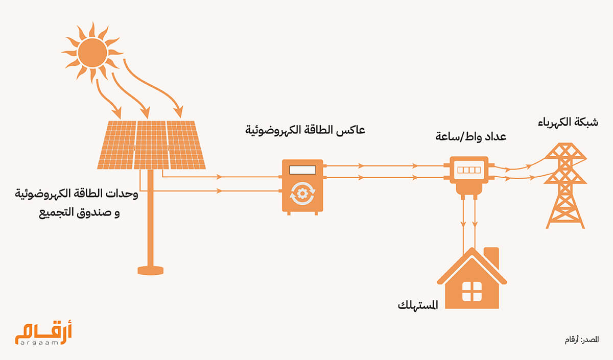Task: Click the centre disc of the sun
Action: point(92,52)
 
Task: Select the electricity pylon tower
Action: point(565,186)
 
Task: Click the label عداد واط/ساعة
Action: point(471,137)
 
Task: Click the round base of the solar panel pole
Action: point(151,269)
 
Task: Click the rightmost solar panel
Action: point(185,145)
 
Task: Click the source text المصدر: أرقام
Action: point(580,340)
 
